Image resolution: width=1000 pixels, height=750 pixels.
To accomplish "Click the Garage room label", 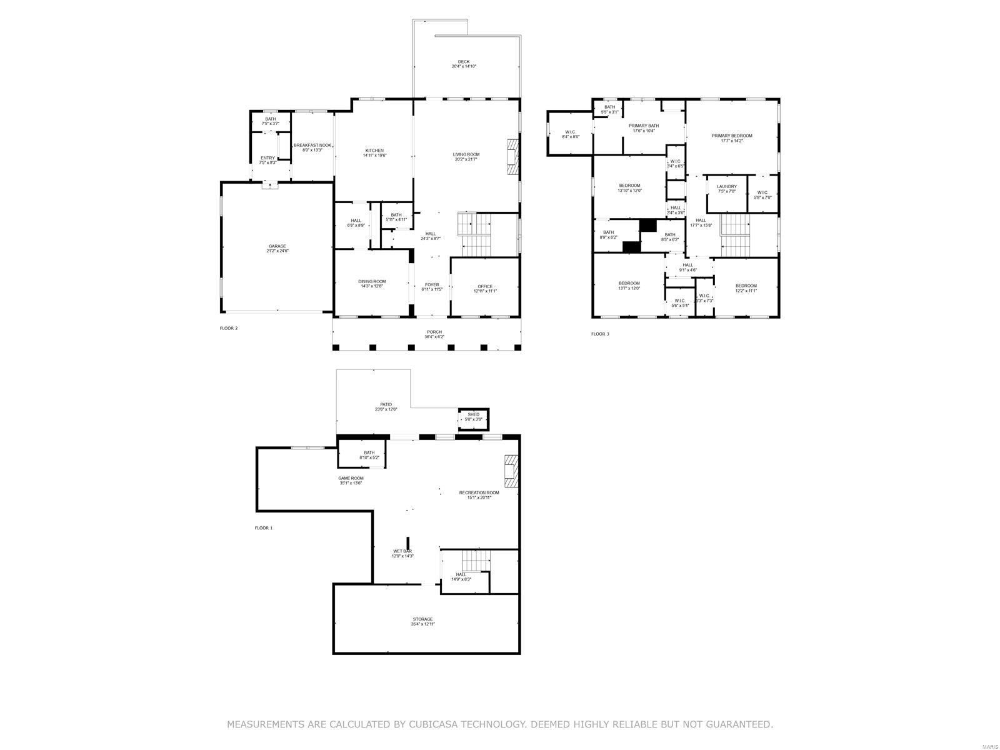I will (x=277, y=246).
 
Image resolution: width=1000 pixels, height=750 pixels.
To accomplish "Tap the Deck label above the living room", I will (x=464, y=62).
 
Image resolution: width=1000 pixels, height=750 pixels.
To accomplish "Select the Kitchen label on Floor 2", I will (x=374, y=151).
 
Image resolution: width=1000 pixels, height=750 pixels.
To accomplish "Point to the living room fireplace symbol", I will (x=512, y=155).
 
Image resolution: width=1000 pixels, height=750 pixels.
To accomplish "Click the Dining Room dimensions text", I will (x=371, y=286).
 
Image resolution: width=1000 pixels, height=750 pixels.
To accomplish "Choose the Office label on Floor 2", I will (x=485, y=286).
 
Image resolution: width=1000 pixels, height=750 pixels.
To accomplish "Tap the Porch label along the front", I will (x=434, y=332).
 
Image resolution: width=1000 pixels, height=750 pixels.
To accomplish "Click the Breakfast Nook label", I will (x=312, y=145).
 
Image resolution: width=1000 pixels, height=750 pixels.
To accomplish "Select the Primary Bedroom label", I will (x=732, y=136).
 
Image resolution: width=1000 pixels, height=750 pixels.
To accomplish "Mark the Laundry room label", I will (x=726, y=186).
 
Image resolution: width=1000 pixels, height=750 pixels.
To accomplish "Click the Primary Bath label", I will (x=644, y=126).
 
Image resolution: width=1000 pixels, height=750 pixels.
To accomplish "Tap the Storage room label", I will (x=422, y=619).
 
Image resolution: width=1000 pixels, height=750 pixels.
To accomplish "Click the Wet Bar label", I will (x=402, y=551).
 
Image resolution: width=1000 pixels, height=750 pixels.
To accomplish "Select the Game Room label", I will (x=351, y=478).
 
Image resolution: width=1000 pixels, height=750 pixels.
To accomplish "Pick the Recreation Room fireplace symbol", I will (x=512, y=471).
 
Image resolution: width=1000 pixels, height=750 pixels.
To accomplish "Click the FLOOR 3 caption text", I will (x=600, y=334).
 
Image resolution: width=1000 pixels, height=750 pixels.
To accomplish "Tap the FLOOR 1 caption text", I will (x=263, y=528).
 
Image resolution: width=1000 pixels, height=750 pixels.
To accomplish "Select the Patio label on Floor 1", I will (x=386, y=404).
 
